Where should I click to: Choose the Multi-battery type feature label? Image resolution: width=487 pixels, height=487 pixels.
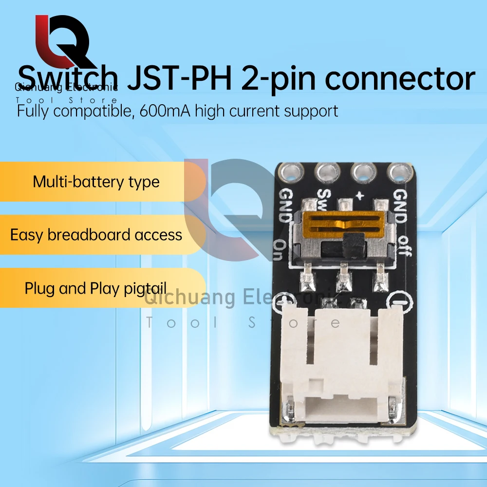click(x=96, y=182)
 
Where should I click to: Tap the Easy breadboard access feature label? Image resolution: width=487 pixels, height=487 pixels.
click(x=96, y=235)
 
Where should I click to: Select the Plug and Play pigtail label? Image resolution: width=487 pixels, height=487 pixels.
click(x=96, y=288)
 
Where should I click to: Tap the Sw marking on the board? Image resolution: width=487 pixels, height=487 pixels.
click(x=323, y=197)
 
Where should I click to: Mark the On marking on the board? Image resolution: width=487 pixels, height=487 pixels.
click(x=282, y=250)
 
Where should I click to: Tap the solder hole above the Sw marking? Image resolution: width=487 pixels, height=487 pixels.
click(x=324, y=171)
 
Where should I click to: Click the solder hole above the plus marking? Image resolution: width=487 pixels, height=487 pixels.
click(x=361, y=171)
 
